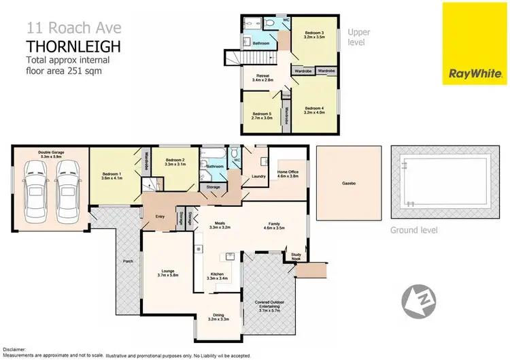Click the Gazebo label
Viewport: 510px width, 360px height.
(x=350, y=183)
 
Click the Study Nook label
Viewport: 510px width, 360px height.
(x=296, y=257)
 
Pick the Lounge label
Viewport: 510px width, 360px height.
(x=167, y=272)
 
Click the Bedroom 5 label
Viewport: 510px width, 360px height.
(x=262, y=115)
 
